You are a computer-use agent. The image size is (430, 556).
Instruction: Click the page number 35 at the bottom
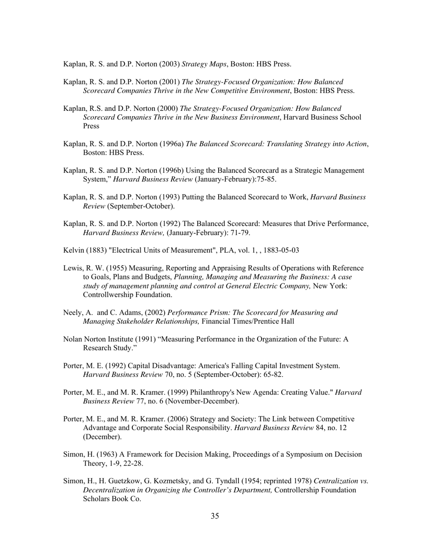pyautogui.click(x=215, y=516)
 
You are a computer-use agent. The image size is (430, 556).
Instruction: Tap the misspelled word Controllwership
pyautogui.click(x=108, y=295)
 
